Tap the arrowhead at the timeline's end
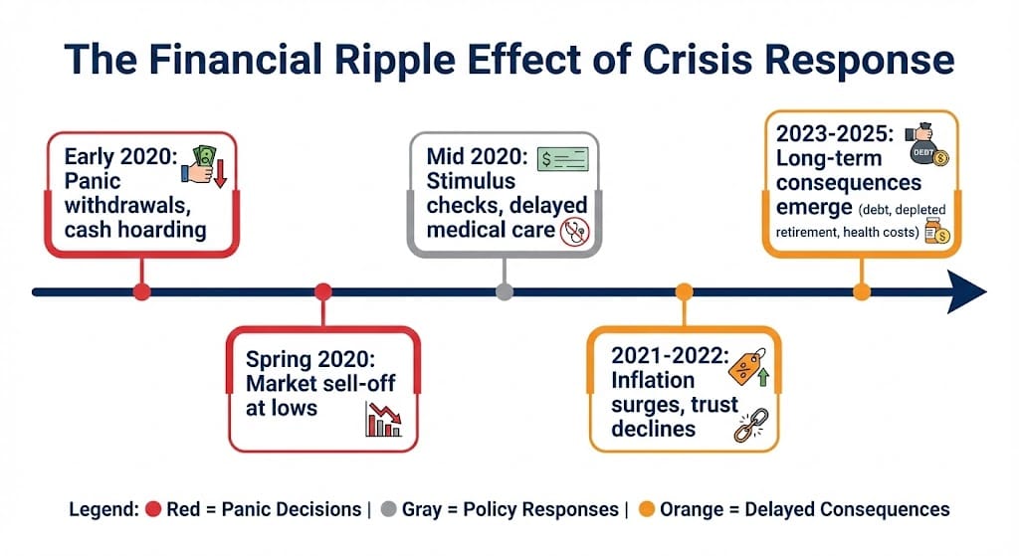(967, 291)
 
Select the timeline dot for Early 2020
(141, 291)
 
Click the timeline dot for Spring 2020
(323, 291)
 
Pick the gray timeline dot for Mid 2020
(505, 291)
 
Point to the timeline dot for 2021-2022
(684, 291)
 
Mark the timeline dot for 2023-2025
(862, 291)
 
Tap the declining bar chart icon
(383, 419)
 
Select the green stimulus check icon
(563, 159)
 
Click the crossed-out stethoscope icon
(575, 232)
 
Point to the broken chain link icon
(751, 426)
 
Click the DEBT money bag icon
(927, 144)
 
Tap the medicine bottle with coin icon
(937, 232)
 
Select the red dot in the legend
(153, 509)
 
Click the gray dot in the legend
(389, 509)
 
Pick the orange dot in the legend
(647, 509)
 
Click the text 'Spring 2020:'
(310, 359)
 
